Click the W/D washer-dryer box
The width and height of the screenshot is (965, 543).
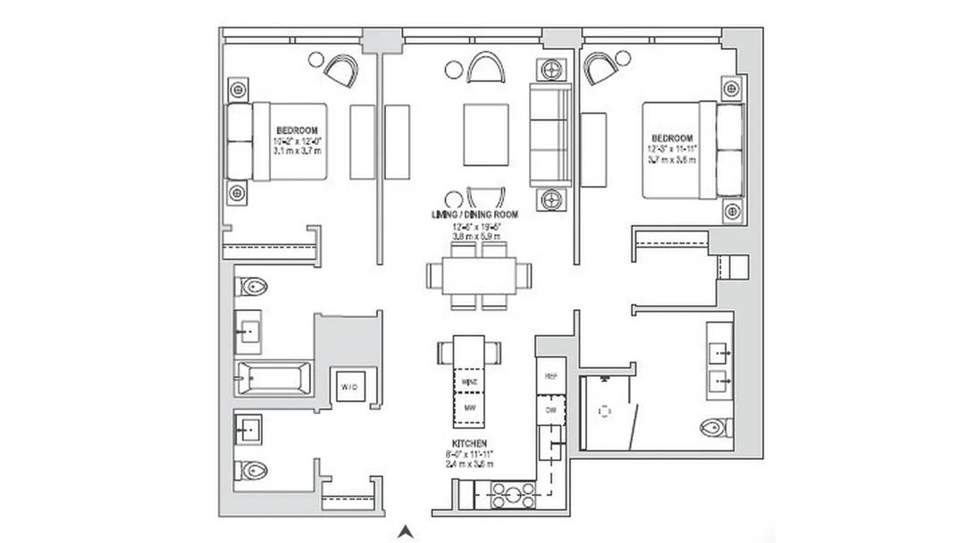click(348, 386)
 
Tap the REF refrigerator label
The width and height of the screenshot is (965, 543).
click(550, 377)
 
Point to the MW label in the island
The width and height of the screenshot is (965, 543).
click(470, 409)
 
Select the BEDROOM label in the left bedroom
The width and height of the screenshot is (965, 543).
click(295, 130)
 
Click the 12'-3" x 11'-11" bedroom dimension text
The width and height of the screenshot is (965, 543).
click(672, 149)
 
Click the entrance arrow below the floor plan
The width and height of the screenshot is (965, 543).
click(406, 530)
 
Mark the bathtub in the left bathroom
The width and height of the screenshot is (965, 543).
click(273, 378)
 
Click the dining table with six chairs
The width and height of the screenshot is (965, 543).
click(480, 276)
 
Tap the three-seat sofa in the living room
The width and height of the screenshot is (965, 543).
click(550, 134)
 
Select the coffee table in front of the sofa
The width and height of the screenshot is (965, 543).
click(486, 134)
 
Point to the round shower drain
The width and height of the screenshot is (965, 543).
click(605, 412)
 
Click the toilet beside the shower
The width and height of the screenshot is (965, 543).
click(717, 427)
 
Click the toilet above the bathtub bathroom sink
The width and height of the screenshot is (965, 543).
click(252, 287)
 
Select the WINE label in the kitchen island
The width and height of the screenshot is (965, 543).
click(470, 381)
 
